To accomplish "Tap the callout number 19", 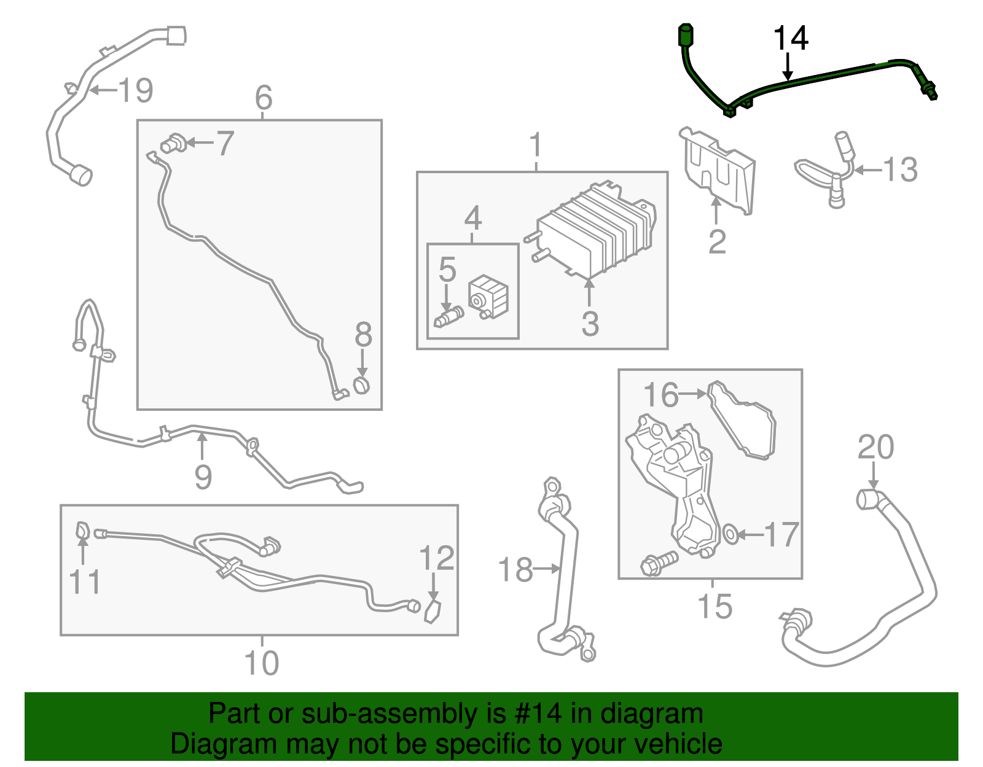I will [x=135, y=90].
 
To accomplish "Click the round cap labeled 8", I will [x=362, y=385].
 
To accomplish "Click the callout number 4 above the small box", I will [x=472, y=218].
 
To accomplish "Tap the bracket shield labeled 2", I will [x=719, y=169].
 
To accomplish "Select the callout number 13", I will [x=900, y=169].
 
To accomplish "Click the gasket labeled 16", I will [x=743, y=421].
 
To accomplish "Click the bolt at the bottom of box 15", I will [x=659, y=563].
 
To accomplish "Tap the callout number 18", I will [x=515, y=569].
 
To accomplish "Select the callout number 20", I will [x=875, y=447].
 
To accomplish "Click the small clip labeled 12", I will [x=433, y=612].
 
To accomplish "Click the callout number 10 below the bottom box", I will [x=262, y=663].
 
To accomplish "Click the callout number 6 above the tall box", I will [x=264, y=98].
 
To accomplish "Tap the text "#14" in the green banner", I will [x=534, y=714].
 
